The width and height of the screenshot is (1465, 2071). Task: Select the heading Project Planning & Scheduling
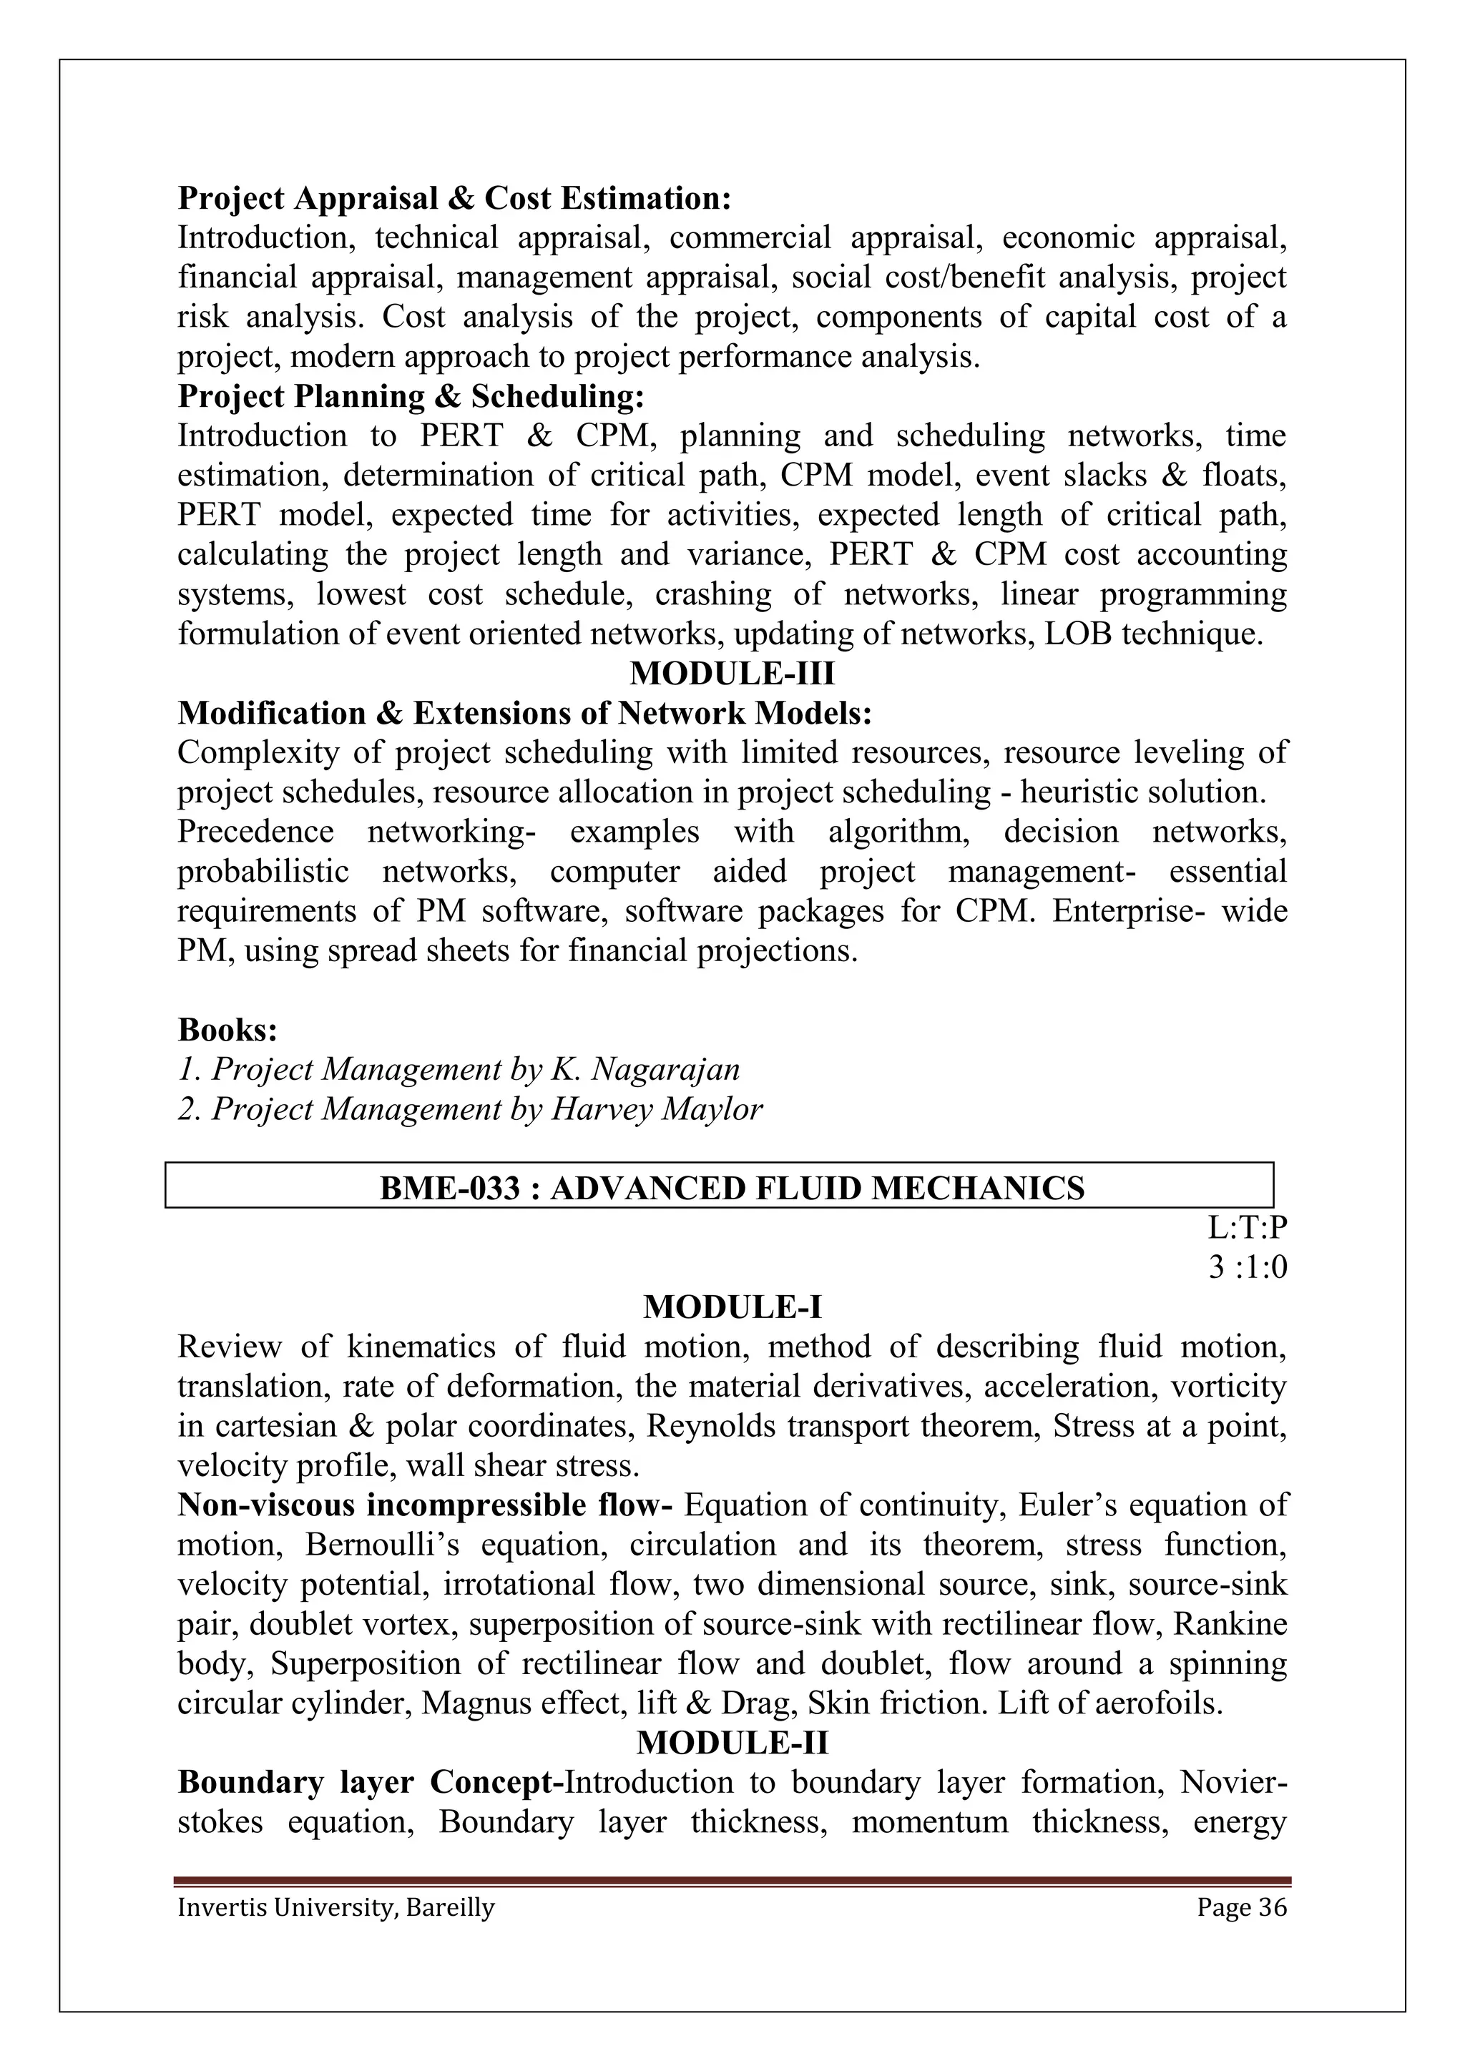tap(411, 396)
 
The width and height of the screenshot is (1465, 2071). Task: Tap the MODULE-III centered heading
tap(732, 674)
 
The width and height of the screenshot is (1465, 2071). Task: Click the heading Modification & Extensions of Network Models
tap(524, 714)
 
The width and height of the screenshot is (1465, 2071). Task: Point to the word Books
tap(227, 1029)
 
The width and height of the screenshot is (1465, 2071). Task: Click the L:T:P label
tap(1247, 1229)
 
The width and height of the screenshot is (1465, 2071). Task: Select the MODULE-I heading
tap(732, 1307)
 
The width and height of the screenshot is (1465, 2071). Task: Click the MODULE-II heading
tap(732, 1743)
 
